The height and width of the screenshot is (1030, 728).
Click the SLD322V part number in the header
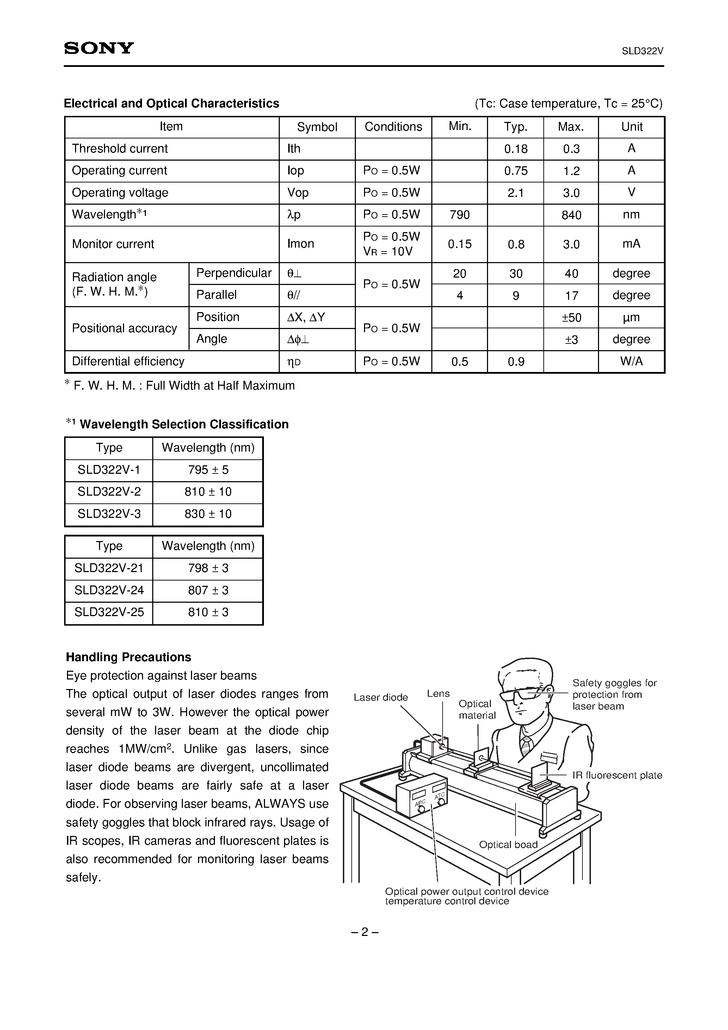point(642,51)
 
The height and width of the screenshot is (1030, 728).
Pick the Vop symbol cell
point(298,193)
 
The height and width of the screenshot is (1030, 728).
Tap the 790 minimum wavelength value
point(459,215)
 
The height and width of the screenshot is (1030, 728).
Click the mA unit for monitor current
point(631,244)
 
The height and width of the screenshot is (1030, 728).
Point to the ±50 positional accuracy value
point(571,318)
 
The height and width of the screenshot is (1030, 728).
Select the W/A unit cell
point(631,361)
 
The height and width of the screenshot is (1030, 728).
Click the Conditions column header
point(393,127)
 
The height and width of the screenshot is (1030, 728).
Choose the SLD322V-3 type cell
point(109,514)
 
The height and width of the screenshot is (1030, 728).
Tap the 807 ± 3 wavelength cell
point(208,590)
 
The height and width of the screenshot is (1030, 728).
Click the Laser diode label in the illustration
point(381,697)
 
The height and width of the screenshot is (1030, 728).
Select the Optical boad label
point(508,845)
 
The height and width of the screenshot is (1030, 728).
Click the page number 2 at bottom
point(364,932)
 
